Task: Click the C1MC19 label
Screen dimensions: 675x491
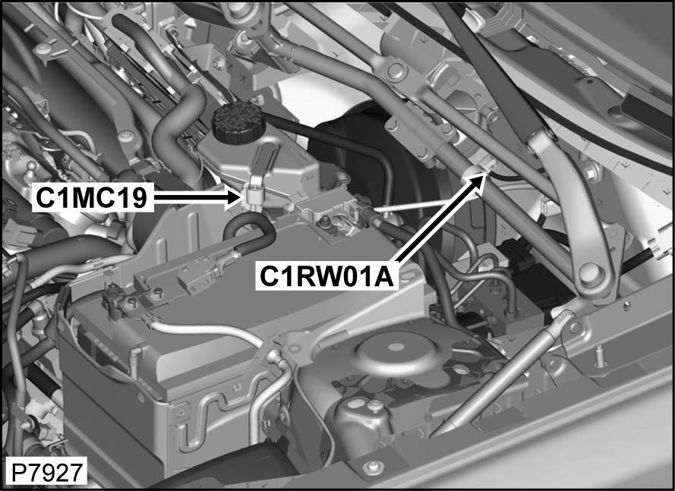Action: point(92,197)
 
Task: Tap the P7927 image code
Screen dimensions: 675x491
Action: point(46,473)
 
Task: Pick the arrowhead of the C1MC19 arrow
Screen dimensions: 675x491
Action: point(234,197)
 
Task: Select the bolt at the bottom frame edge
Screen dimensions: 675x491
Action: point(373,467)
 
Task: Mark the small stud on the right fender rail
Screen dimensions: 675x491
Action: point(600,358)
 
